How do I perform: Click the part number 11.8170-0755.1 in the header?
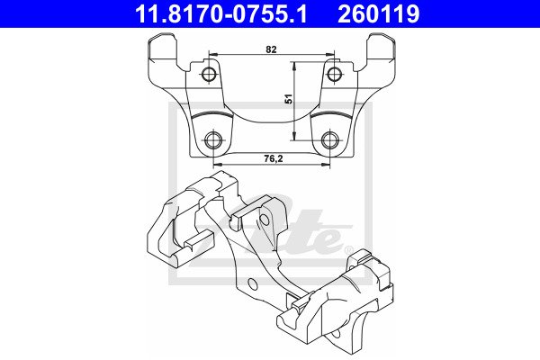(220, 14)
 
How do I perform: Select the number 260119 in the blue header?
(379, 14)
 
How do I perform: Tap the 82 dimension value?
(271, 49)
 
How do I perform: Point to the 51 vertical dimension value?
(289, 99)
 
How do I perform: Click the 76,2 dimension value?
(273, 158)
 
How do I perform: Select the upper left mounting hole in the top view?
(209, 74)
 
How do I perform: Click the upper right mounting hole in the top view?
(334, 74)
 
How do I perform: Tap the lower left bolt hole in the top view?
(213, 140)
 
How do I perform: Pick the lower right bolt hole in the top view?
(330, 140)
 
